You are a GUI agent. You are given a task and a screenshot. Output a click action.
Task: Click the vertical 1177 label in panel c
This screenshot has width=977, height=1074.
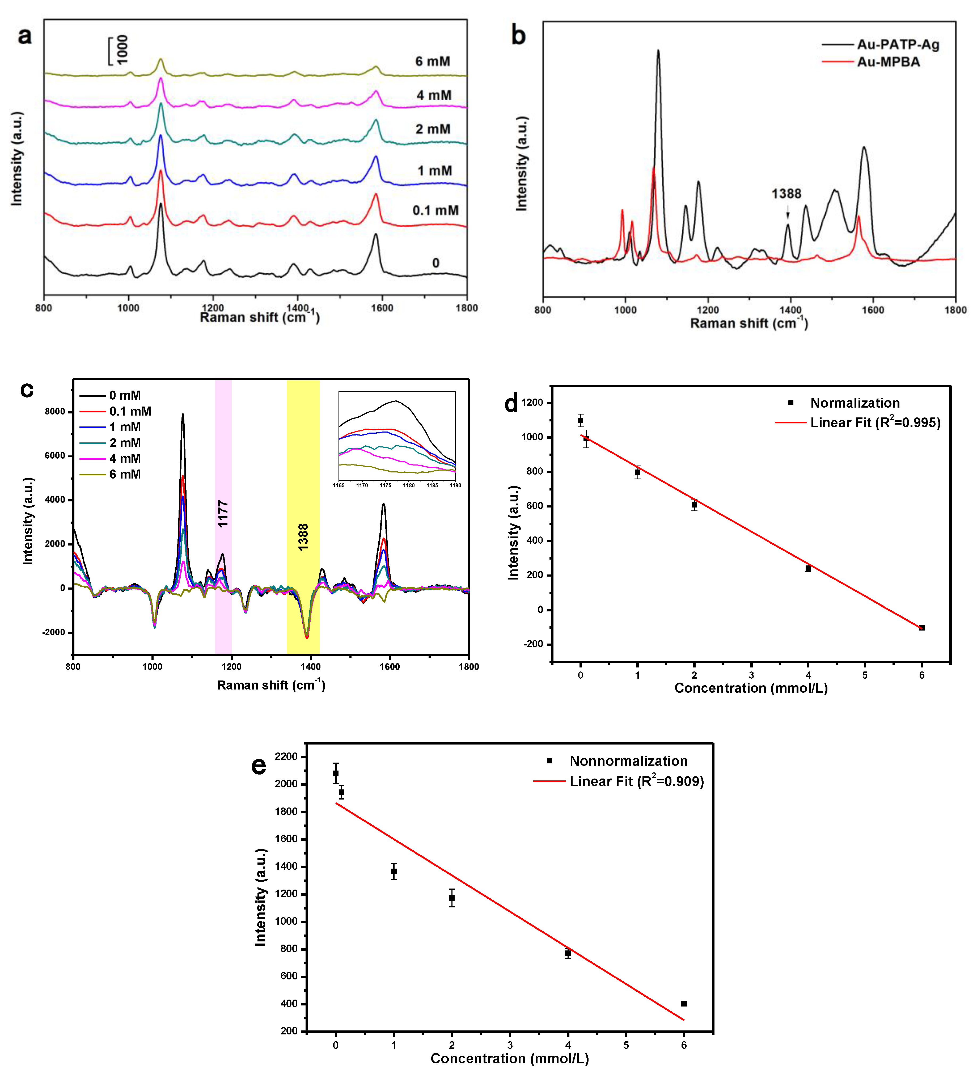click(x=223, y=514)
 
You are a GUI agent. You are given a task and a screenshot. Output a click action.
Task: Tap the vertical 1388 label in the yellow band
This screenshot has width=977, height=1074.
click(x=303, y=537)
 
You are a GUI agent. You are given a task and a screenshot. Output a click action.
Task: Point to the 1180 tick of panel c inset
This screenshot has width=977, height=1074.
click(x=409, y=485)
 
